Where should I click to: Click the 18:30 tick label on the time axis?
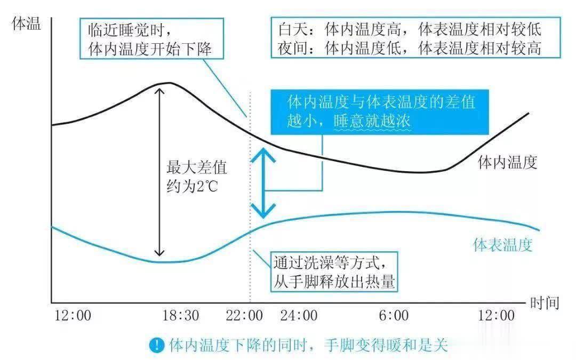[181, 315]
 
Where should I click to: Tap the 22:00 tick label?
[244, 315]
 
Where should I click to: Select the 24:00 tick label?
[299, 315]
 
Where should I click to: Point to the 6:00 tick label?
[394, 315]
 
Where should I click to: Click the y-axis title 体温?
[26, 24]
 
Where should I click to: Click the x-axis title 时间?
[545, 303]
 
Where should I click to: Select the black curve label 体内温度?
[508, 162]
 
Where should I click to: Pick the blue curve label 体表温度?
[503, 244]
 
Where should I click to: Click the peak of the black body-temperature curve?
[169, 83]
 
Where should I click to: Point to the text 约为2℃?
[192, 186]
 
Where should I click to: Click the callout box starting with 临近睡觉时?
[151, 38]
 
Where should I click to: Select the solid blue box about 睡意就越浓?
[380, 112]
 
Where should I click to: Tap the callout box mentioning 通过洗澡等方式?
[334, 272]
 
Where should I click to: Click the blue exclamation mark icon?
[157, 345]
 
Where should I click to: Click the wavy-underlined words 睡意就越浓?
[372, 121]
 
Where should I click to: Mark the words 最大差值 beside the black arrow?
[196, 167]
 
